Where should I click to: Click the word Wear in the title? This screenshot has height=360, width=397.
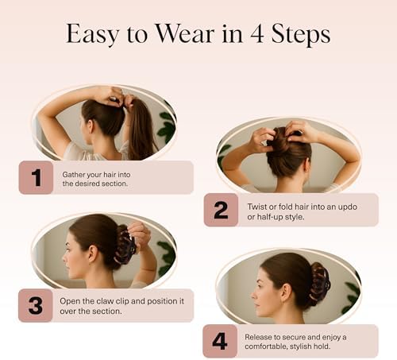185,34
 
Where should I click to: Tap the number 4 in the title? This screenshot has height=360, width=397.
256,34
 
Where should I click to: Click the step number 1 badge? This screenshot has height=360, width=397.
36,177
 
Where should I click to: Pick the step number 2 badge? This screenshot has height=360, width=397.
221,210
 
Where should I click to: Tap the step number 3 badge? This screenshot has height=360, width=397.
36,305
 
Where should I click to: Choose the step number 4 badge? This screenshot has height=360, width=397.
220,341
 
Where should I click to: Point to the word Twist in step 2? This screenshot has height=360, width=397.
256,207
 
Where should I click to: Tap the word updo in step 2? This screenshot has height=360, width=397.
347,207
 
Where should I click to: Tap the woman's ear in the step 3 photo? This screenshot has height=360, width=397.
93,254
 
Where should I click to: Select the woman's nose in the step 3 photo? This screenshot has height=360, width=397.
64,259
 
